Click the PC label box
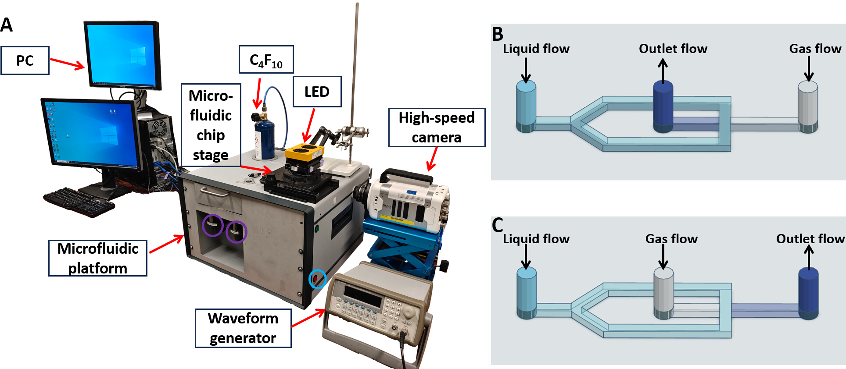click(x=25, y=60)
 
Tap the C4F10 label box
click(x=266, y=59)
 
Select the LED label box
click(x=317, y=92)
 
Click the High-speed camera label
click(x=437, y=127)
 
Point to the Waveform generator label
click(x=243, y=328)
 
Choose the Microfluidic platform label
click(x=97, y=258)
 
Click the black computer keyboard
click(x=79, y=202)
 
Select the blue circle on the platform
click(x=317, y=279)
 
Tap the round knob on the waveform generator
click(x=409, y=312)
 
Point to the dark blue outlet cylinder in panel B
click(x=663, y=107)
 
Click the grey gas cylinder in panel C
click(x=663, y=293)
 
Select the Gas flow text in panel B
click(x=815, y=49)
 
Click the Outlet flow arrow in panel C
click(x=809, y=257)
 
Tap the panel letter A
click(x=7, y=25)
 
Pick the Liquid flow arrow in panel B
click(x=526, y=70)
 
